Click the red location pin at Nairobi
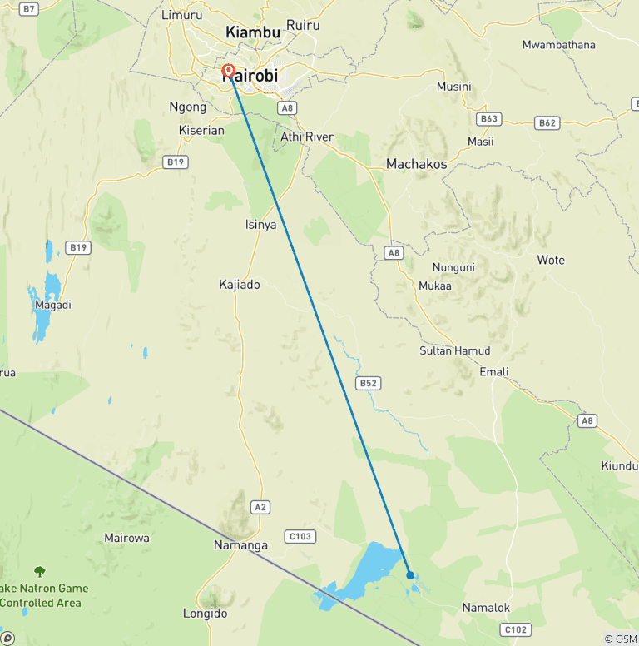click(228, 72)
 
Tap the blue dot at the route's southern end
click(410, 574)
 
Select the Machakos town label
click(416, 164)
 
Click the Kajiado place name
click(239, 285)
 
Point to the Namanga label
click(240, 545)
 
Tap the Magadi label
click(53, 305)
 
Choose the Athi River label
click(307, 137)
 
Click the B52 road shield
click(368, 383)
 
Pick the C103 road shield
click(299, 536)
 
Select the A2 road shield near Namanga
click(260, 506)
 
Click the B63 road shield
click(488, 119)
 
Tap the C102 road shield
click(515, 629)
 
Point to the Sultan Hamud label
click(454, 350)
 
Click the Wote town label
click(551, 260)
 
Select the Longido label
click(205, 614)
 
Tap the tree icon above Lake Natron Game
click(39, 571)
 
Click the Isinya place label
click(260, 225)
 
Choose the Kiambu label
click(253, 32)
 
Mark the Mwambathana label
click(559, 44)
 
